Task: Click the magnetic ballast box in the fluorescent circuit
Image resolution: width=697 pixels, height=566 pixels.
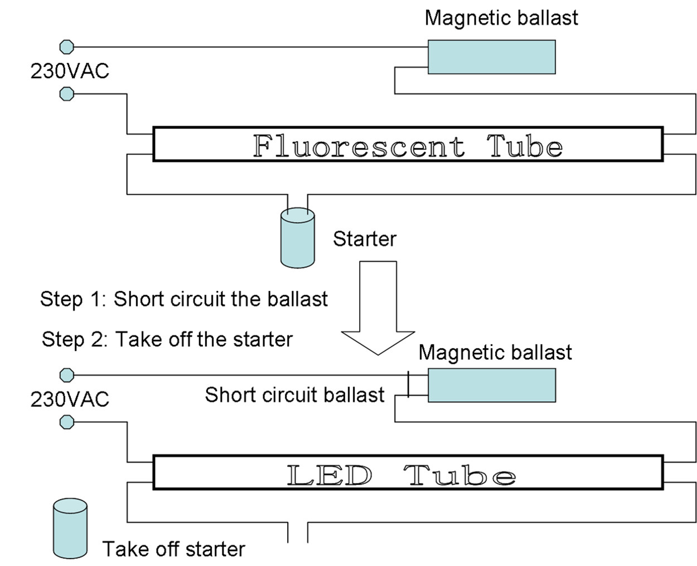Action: (x=491, y=57)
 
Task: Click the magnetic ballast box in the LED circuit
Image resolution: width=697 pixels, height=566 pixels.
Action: (x=491, y=385)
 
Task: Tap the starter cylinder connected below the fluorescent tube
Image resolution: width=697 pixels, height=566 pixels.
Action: (x=297, y=238)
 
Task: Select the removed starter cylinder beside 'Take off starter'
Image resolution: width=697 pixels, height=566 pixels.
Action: (x=70, y=529)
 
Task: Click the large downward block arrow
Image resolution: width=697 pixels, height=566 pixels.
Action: (x=378, y=308)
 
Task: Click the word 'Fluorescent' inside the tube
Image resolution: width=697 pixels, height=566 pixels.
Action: (x=359, y=146)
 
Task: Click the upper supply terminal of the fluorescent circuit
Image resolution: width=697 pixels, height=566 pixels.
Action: (x=67, y=47)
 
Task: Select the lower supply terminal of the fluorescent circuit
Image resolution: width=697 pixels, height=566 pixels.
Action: (x=67, y=94)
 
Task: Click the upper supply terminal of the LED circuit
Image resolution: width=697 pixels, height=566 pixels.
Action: (x=67, y=375)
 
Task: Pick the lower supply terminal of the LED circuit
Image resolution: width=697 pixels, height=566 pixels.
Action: (x=67, y=422)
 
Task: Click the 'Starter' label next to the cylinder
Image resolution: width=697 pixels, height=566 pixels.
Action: (x=365, y=239)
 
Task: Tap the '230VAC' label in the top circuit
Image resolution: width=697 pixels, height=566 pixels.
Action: (x=70, y=71)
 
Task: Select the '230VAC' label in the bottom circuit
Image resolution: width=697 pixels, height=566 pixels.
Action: (x=70, y=399)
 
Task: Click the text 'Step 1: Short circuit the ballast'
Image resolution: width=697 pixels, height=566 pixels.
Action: (x=184, y=299)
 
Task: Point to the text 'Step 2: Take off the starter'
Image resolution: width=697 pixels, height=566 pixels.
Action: (x=167, y=339)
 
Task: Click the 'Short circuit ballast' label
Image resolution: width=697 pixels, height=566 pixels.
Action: (x=294, y=395)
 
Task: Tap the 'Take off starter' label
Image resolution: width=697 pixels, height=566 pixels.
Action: (x=174, y=549)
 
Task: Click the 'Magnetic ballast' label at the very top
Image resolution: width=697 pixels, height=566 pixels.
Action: (x=501, y=18)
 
